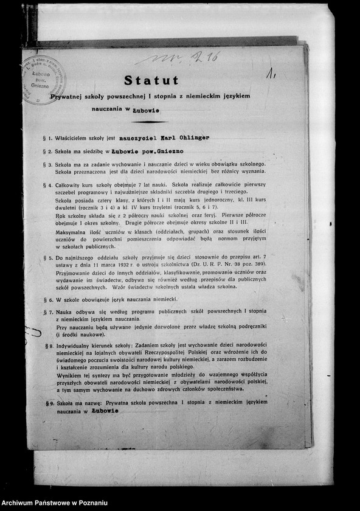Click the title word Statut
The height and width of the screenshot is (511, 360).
[x=151, y=80]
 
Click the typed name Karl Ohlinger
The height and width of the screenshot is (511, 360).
[x=182, y=138]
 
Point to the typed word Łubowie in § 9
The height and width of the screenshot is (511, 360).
[x=105, y=411]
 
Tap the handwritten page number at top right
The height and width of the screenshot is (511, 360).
[x=272, y=74]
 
